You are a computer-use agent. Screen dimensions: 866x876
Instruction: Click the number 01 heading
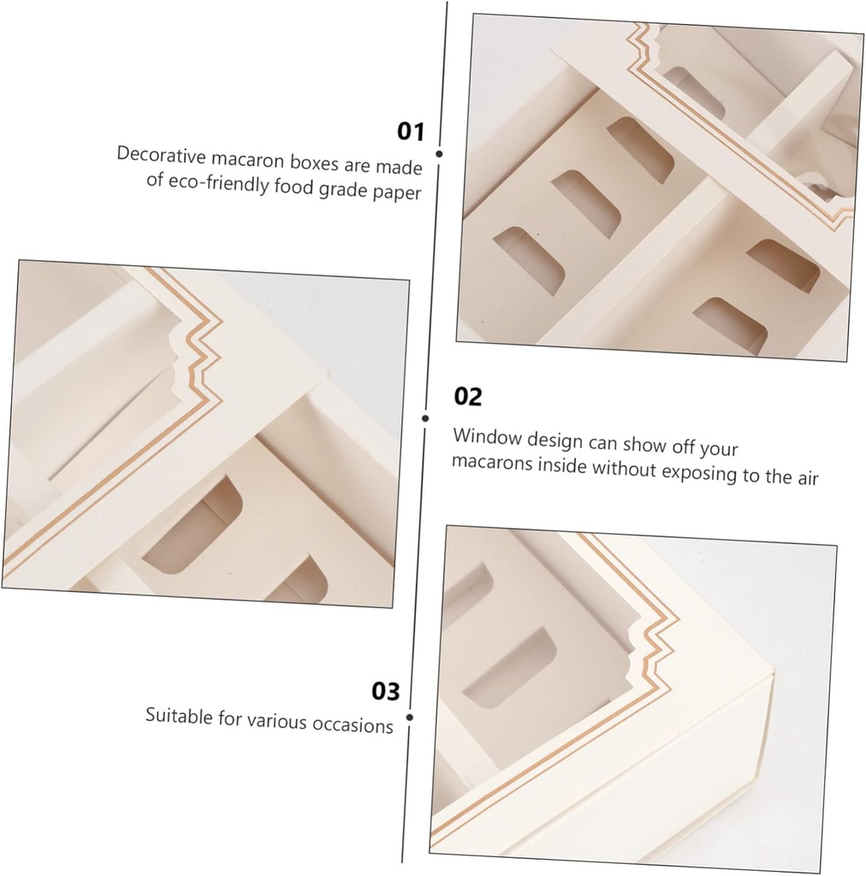tap(411, 131)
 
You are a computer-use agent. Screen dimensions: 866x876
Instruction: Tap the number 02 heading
tap(467, 397)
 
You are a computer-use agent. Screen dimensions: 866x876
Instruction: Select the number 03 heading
tap(386, 691)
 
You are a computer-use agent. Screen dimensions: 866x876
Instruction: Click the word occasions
tap(353, 725)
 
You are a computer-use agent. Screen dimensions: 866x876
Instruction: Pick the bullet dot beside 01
tap(439, 154)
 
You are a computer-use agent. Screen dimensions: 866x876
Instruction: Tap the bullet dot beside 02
tap(425, 417)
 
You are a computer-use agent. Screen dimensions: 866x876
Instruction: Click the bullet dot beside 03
tap(410, 718)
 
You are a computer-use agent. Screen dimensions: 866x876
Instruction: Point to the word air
tap(807, 477)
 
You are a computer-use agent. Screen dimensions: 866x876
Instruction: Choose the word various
tap(276, 721)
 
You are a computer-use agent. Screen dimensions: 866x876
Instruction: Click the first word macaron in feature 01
tap(247, 160)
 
